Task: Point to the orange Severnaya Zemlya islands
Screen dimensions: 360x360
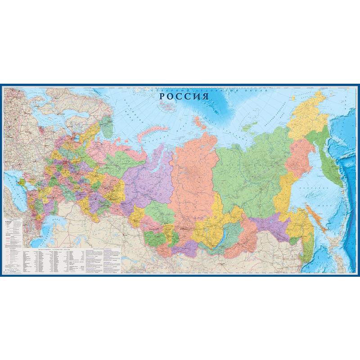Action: pyautogui.click(x=198, y=121)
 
